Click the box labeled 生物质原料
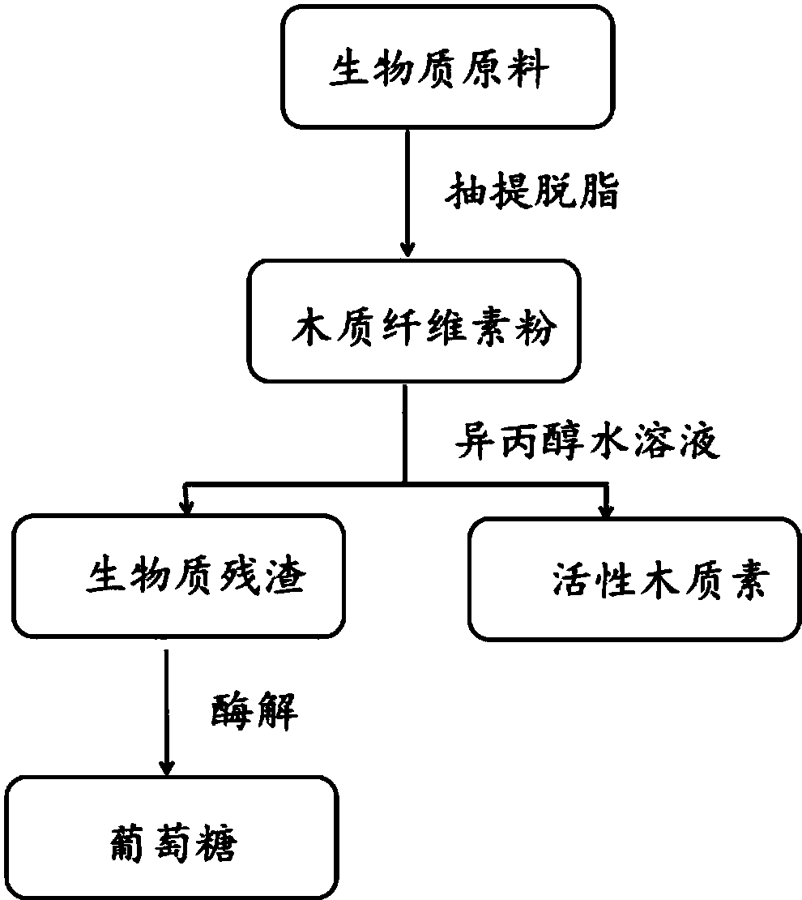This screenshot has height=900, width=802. pos(447,66)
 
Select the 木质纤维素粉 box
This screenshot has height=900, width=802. pos(414,323)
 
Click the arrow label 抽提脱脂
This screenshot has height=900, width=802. pos(531,195)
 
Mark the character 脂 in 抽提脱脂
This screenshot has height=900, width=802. pos(599,195)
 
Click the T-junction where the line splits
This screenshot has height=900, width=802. pos(404,483)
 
